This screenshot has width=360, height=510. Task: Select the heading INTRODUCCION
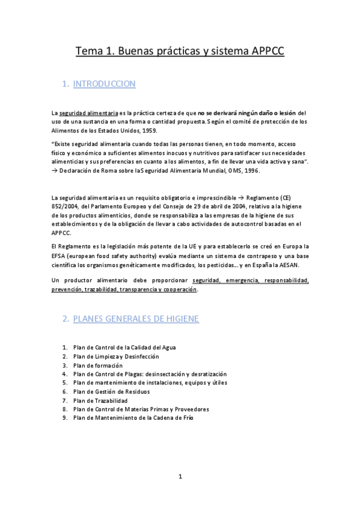[104, 84]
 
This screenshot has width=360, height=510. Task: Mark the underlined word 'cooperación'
[177, 289]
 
